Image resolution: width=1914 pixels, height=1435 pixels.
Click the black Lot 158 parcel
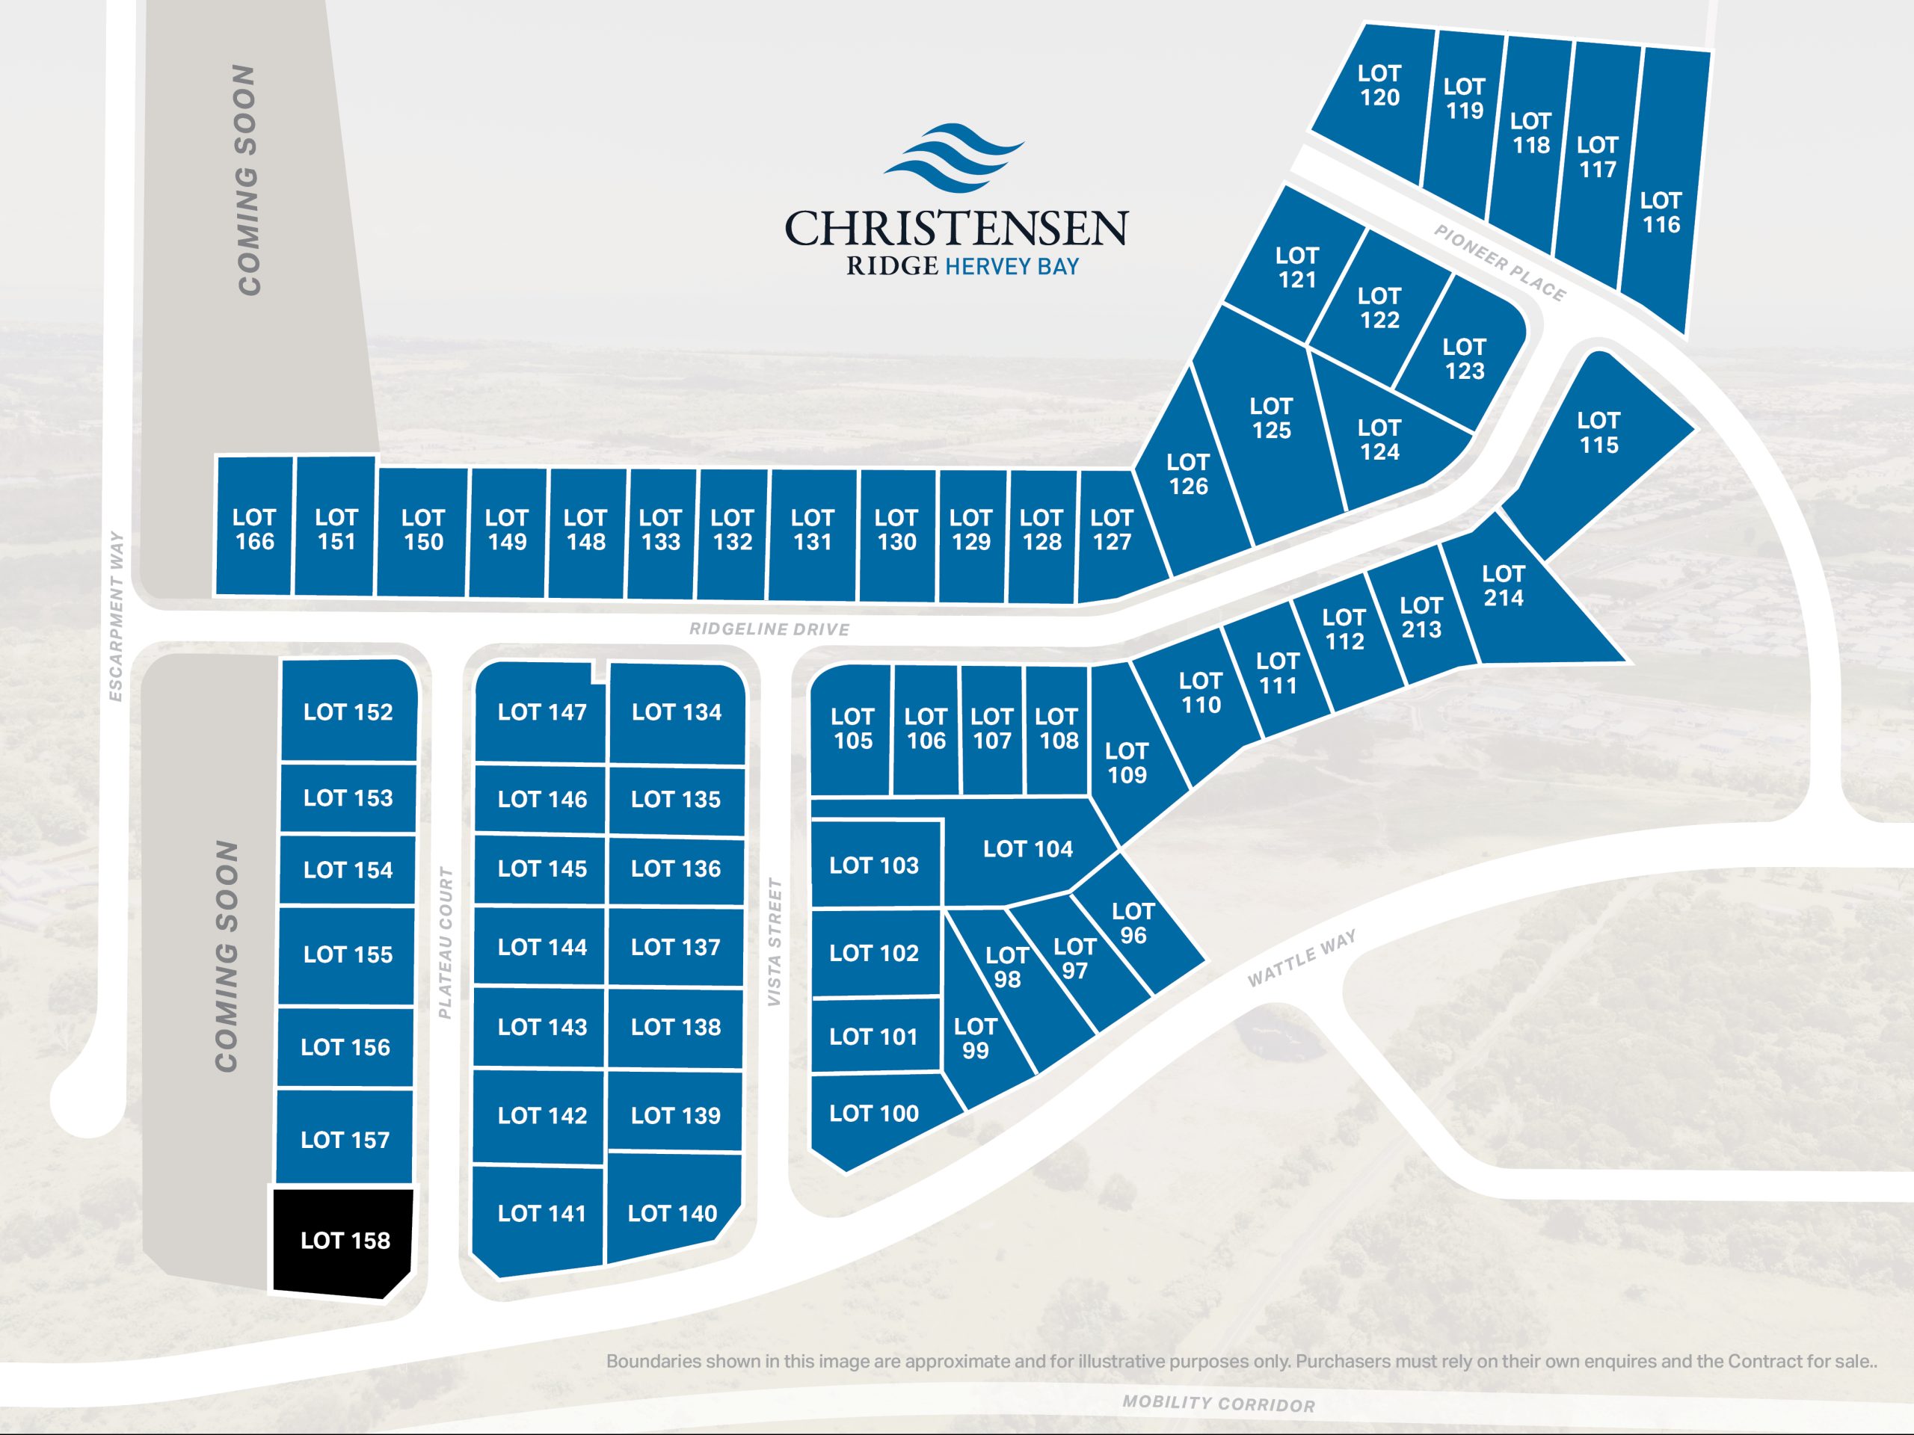coord(345,1241)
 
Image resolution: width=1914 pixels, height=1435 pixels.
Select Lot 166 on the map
coord(253,529)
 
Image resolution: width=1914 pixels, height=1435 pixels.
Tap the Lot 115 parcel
coord(1597,433)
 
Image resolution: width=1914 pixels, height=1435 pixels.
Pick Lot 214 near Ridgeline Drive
coord(1503,587)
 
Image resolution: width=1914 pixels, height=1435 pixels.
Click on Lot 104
coord(1027,849)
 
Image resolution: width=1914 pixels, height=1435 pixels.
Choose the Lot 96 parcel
coord(1133,923)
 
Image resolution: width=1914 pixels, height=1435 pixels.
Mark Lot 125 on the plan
coord(1270,419)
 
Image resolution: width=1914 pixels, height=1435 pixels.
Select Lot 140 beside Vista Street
coord(672,1214)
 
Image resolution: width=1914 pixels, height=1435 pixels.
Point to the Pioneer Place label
coord(1500,263)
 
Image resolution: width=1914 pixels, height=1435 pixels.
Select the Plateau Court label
coord(446,942)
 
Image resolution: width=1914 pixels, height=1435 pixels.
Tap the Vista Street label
coord(775,942)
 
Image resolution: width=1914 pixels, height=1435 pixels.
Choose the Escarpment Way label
coord(116,616)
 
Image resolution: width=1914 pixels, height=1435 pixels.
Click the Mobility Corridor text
coord(1219,1403)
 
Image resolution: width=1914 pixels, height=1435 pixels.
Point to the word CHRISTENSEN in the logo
coord(956,227)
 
